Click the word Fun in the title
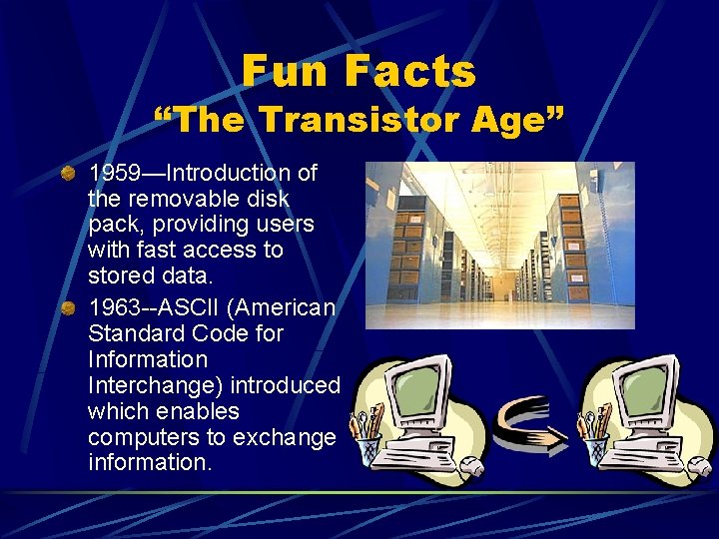coord(290,71)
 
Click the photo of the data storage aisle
coord(499,245)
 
